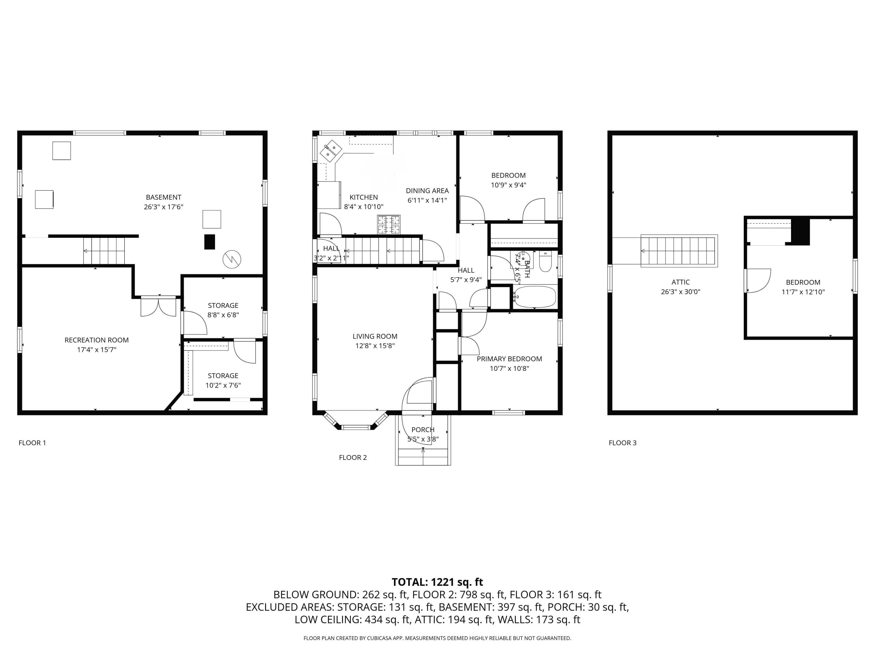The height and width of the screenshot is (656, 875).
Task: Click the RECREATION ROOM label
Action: (x=97, y=340)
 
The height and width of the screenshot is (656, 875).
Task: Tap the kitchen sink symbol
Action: (x=331, y=151)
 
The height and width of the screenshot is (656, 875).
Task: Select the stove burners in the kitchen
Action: (x=389, y=224)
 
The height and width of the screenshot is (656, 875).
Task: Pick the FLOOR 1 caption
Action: (x=32, y=443)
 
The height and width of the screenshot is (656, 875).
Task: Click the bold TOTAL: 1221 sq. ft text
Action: (x=437, y=582)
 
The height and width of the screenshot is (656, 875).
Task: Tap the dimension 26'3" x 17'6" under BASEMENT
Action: (x=163, y=207)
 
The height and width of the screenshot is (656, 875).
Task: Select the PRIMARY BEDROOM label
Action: (x=509, y=359)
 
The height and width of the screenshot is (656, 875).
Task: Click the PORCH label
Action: (x=423, y=430)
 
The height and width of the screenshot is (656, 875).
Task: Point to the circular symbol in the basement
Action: (x=232, y=259)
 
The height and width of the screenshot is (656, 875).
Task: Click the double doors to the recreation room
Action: (x=158, y=307)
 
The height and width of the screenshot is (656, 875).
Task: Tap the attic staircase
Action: (x=679, y=251)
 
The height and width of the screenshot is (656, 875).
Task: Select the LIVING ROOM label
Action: (x=375, y=336)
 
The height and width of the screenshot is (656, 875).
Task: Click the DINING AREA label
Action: (x=427, y=191)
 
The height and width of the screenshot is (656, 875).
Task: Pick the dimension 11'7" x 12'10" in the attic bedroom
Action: (x=803, y=292)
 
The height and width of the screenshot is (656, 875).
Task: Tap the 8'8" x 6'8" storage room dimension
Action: (x=223, y=315)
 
